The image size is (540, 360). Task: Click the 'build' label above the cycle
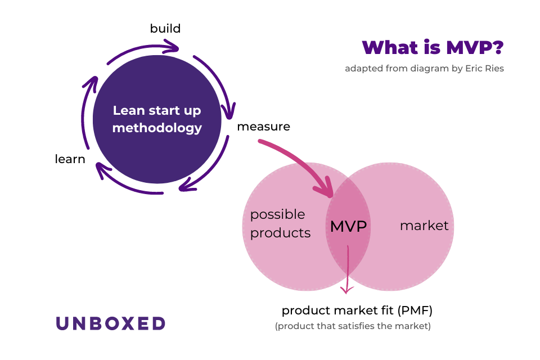(x=165, y=28)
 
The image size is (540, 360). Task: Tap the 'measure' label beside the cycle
(x=263, y=127)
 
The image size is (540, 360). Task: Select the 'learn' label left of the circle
(x=70, y=159)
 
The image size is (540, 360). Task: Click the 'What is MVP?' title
(x=432, y=48)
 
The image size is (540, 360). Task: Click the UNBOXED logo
(x=110, y=323)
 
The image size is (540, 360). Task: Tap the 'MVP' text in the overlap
(x=348, y=227)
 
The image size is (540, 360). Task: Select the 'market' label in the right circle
(x=424, y=226)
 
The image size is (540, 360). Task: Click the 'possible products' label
(x=280, y=223)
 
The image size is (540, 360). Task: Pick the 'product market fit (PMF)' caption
(x=357, y=310)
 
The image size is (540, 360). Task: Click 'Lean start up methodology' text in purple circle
(x=157, y=119)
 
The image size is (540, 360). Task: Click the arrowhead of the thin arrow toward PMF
(x=347, y=290)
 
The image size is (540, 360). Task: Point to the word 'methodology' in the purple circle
(x=157, y=128)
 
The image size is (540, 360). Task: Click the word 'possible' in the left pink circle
(x=277, y=214)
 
